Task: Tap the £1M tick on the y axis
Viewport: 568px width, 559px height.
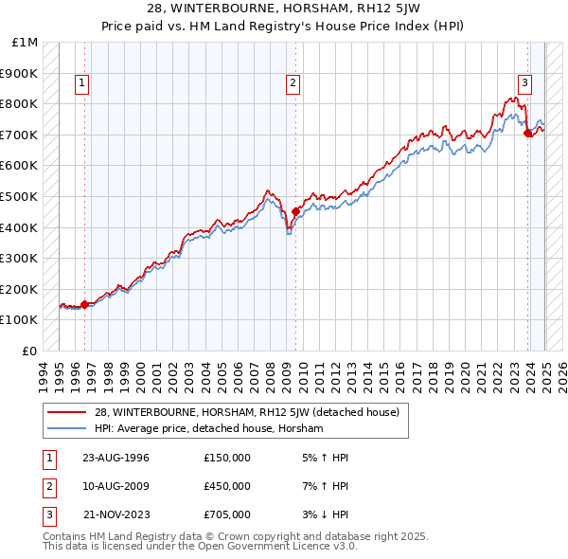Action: (x=26, y=43)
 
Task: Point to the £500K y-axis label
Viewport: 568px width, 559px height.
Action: (x=21, y=196)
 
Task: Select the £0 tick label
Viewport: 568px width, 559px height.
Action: (x=31, y=351)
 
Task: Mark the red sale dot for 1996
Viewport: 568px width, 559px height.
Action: (x=84, y=304)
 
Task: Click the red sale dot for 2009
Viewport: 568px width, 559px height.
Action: (x=295, y=212)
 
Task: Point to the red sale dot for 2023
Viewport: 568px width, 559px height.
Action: (x=527, y=134)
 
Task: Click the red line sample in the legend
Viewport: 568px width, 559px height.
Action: (x=67, y=412)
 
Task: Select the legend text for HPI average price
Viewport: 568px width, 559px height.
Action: (x=209, y=429)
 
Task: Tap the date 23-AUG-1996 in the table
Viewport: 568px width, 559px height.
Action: (x=116, y=458)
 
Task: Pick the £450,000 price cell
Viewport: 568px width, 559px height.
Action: (x=227, y=486)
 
